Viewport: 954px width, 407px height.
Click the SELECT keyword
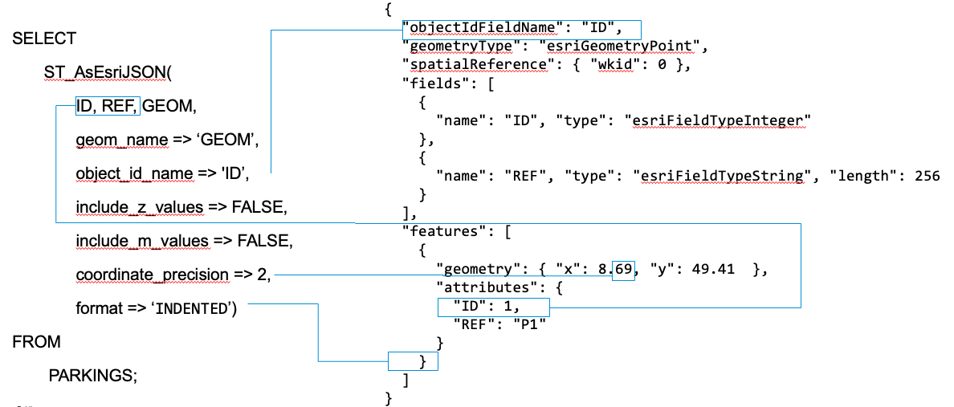click(x=44, y=39)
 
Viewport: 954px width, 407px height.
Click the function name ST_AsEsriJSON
click(x=107, y=73)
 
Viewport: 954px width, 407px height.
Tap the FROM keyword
click(x=36, y=342)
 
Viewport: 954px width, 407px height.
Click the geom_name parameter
click(x=120, y=140)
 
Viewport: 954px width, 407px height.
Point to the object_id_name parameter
click(x=134, y=173)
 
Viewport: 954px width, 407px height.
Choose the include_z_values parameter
click(x=139, y=207)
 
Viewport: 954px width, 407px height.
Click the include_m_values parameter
click(x=141, y=241)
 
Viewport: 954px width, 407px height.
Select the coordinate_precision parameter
click(x=152, y=275)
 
